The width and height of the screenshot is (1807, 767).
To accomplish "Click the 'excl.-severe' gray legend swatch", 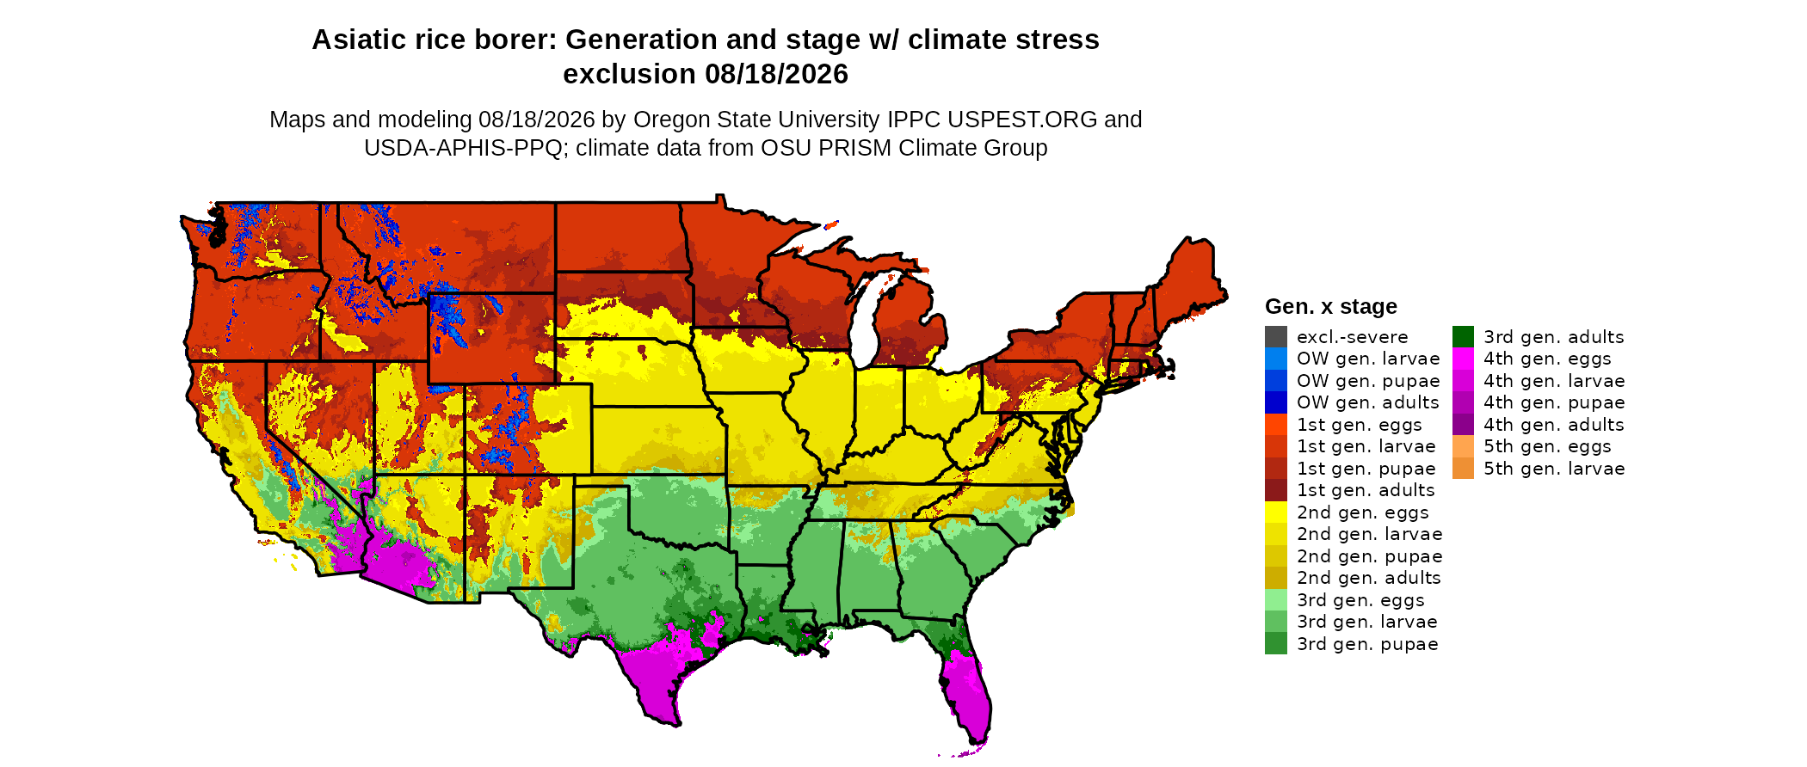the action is pos(1276,337).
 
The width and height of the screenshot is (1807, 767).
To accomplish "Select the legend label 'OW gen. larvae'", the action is pos(1368,359).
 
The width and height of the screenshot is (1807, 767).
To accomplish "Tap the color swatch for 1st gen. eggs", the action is pos(1276,425).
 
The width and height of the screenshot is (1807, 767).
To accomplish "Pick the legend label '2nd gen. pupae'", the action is pos(1370,556).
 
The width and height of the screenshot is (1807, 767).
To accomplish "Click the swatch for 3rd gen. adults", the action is pos(1463,337).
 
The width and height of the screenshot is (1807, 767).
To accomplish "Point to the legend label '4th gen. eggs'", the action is pos(1547,359).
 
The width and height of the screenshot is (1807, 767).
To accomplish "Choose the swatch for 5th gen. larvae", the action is pos(1463,469).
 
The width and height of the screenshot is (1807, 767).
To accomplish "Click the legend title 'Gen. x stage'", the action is pos(1331,306).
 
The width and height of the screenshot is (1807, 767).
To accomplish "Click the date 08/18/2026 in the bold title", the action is pos(777,74).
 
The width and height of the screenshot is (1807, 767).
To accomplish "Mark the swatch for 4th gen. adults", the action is pos(1463,425).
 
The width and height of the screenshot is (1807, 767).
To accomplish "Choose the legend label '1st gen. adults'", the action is pos(1366,490).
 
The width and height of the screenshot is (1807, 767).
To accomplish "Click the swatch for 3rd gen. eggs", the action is pos(1276,600).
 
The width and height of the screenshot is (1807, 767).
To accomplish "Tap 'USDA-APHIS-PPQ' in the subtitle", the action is pos(464,148).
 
